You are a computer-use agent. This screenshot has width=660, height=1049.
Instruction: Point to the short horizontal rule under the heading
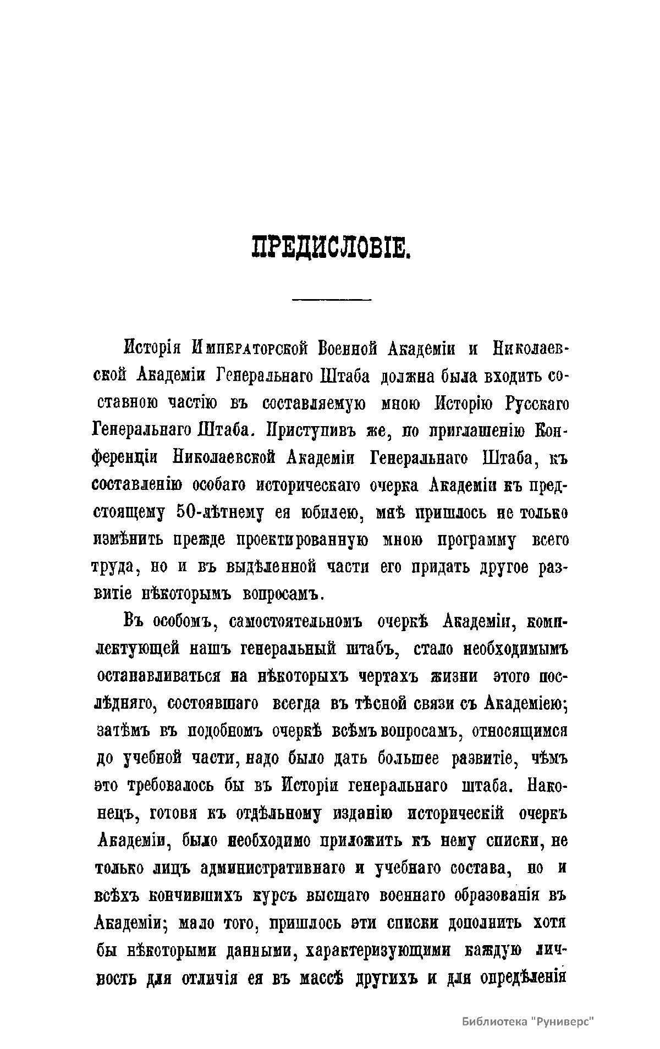pos(332,300)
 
